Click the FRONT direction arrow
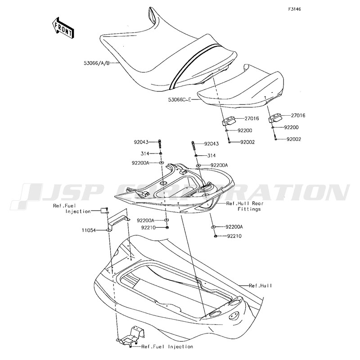point(63,27)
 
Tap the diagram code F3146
point(295,9)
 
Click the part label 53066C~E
point(180,99)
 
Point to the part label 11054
point(88,230)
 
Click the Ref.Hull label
point(261,286)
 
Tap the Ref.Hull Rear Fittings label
point(245,206)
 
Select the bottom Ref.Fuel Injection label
point(167,346)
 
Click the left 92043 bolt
point(160,144)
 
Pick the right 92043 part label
point(211,144)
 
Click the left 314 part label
point(145,153)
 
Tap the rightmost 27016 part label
point(298,116)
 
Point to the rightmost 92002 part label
point(294,139)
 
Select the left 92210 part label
point(148,228)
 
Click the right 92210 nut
point(216,236)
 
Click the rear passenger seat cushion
point(241,88)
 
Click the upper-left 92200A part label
point(140,163)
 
